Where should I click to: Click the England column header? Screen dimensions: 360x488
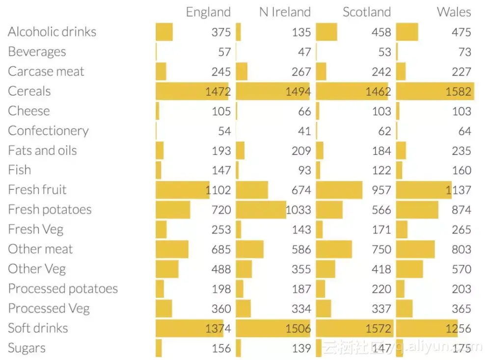pyautogui.click(x=208, y=12)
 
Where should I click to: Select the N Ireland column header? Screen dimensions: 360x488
pyautogui.click(x=285, y=12)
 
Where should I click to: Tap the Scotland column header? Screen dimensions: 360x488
pyautogui.click(x=367, y=12)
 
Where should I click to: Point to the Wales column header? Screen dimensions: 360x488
pyautogui.click(x=454, y=12)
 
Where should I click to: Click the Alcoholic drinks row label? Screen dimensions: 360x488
pyautogui.click(x=52, y=32)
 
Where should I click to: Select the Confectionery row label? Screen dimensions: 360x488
pyautogui.click(x=48, y=131)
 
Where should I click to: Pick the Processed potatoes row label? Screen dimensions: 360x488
pyautogui.click(x=63, y=289)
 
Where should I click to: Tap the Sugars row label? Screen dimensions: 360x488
pyautogui.click(x=27, y=348)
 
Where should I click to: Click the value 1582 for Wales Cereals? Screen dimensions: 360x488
pyautogui.click(x=459, y=92)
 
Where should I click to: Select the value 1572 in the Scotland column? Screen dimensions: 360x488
pyautogui.click(x=378, y=329)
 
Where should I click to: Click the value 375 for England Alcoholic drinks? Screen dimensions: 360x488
pyautogui.click(x=221, y=32)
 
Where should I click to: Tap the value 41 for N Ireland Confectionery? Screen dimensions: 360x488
pyautogui.click(x=304, y=131)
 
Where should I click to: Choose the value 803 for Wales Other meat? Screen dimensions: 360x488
pyautogui.click(x=461, y=250)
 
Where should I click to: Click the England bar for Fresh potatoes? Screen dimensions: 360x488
pyautogui.click(x=173, y=210)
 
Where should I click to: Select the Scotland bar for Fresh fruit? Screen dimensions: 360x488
pyautogui.click(x=339, y=190)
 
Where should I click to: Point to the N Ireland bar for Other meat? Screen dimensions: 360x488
pyautogui.click(x=249, y=250)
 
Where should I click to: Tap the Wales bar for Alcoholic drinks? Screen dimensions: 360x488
pyautogui.click(x=407, y=32)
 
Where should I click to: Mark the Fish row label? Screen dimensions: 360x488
pyautogui.click(x=20, y=170)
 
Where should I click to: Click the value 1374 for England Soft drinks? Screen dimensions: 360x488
pyautogui.click(x=218, y=329)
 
